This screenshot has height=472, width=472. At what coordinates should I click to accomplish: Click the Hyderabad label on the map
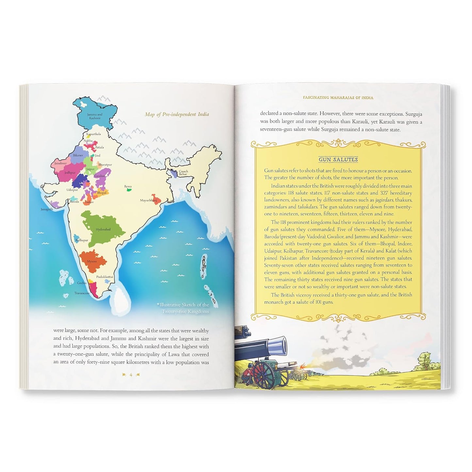tap(103, 229)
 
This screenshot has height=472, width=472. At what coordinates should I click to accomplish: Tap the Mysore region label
tap(92, 261)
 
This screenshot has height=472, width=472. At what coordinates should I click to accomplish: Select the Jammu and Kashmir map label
tap(95, 116)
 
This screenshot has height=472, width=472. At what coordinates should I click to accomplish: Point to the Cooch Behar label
tap(183, 173)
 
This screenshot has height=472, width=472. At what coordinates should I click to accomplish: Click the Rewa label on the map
tap(128, 187)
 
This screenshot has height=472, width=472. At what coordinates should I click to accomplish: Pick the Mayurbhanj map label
tap(149, 200)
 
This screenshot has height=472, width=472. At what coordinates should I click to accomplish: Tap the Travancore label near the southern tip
tap(82, 293)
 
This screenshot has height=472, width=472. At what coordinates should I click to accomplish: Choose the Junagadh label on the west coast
tap(47, 209)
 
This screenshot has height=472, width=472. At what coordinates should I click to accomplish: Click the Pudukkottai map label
tap(105, 277)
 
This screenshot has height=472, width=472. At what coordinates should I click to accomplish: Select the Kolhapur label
tap(82, 240)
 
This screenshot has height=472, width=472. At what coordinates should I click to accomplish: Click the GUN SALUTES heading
tap(338, 159)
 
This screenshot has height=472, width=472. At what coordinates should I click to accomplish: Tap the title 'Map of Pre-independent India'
tap(177, 114)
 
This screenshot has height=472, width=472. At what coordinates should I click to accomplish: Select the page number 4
tap(131, 375)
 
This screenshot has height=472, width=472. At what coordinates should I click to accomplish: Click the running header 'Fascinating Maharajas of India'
tap(338, 97)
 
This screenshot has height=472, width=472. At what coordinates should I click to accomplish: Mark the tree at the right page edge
tap(424, 358)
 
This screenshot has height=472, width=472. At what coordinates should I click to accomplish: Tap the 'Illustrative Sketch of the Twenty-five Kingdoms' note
tap(183, 308)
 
